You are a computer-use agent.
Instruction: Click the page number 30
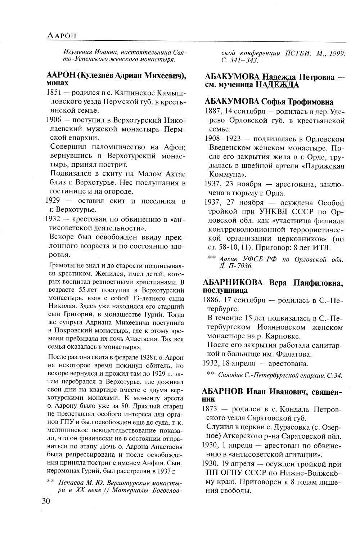click(x=47, y=501)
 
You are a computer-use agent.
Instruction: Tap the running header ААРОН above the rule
click(x=63, y=36)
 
